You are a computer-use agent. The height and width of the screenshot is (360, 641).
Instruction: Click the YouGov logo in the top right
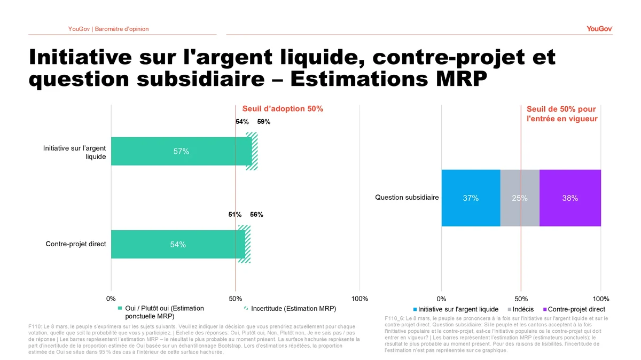point(599,28)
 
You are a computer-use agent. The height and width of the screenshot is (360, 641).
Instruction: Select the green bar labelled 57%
point(181,151)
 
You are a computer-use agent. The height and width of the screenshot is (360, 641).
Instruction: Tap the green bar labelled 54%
point(178,245)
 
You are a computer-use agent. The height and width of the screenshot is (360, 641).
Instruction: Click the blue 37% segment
point(471,198)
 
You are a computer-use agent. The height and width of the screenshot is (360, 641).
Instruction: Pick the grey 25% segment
point(520,198)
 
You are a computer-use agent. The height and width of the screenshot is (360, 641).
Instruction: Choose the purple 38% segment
point(570,198)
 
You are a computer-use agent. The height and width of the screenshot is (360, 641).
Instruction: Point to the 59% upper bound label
point(264,122)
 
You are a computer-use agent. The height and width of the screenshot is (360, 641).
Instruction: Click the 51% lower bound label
point(235,215)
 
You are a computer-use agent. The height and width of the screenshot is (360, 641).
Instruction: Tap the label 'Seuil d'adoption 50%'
point(283,109)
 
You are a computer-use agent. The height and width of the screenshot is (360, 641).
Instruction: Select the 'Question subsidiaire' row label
point(407,198)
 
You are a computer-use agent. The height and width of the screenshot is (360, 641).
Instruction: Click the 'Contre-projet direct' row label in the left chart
point(76,244)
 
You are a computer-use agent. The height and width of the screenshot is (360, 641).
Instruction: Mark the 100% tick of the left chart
point(359,298)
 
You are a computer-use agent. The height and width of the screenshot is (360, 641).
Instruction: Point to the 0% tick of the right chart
point(441,298)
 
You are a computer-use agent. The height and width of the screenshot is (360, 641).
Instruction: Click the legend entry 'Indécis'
point(522,309)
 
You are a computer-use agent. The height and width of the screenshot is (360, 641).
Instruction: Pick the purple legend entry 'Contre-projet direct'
point(576,309)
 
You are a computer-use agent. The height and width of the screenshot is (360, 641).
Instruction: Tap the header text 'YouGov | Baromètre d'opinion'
point(108,29)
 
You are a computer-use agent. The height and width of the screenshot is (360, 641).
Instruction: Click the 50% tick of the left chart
point(235,298)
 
